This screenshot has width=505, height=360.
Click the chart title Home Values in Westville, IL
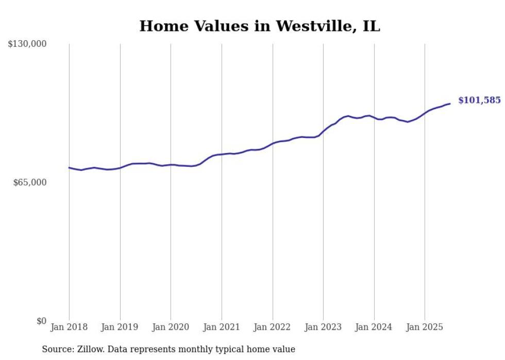(x=260, y=26)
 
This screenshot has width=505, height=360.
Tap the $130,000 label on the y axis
(x=27, y=44)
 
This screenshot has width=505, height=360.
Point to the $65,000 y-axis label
(x=29, y=182)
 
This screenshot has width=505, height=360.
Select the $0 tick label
(x=41, y=321)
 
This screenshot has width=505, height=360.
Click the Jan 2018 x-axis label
(x=69, y=327)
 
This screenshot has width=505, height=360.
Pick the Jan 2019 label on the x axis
(x=120, y=327)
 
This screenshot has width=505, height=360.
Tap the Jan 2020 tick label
(x=171, y=327)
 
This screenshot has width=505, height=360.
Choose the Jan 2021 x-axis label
(x=222, y=327)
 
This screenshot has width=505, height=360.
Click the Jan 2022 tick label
(x=273, y=327)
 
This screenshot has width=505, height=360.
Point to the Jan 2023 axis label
(x=323, y=327)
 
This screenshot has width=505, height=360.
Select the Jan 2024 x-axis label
(x=374, y=327)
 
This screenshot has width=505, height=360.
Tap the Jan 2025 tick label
(x=425, y=327)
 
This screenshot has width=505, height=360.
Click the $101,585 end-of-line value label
(x=479, y=100)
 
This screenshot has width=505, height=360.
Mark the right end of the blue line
(x=450, y=104)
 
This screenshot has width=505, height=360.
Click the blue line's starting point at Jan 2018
(x=69, y=167)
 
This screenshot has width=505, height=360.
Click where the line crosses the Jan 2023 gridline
(x=323, y=131)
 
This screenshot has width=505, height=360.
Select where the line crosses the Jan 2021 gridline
(x=222, y=155)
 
